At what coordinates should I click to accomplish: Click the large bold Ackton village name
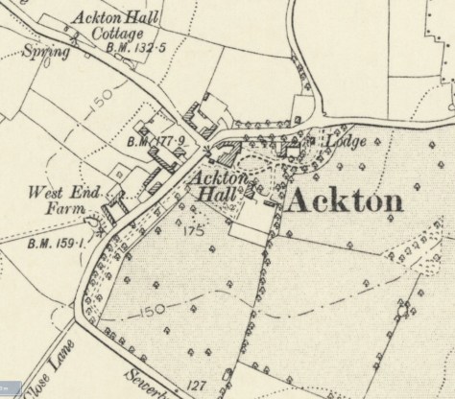pyautogui.click(x=344, y=200)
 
